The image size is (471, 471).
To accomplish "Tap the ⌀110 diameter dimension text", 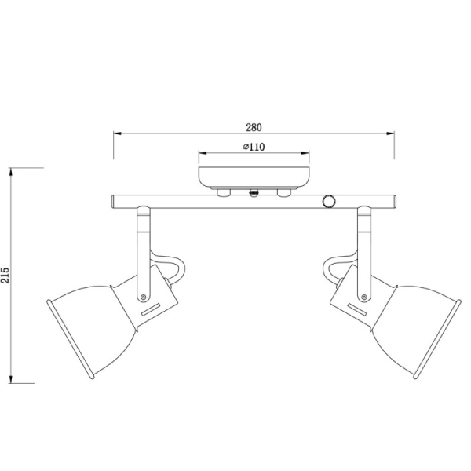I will (x=253, y=147).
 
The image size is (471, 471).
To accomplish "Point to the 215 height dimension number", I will (x=6, y=273).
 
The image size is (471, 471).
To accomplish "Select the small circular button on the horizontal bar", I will (x=328, y=202).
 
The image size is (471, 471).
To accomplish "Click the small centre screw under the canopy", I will (x=253, y=192).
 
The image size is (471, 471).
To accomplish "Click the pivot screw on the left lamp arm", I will (x=143, y=296).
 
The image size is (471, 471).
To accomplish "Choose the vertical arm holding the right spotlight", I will (x=365, y=251).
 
